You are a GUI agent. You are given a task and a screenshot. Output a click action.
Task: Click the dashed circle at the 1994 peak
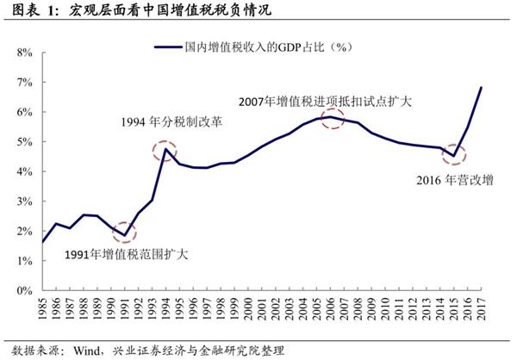click(164, 152)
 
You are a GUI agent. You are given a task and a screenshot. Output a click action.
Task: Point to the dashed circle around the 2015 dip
click(453, 156)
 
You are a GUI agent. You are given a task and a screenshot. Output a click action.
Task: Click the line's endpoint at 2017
click(481, 88)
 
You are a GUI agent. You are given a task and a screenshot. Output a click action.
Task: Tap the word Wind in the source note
click(84, 350)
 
